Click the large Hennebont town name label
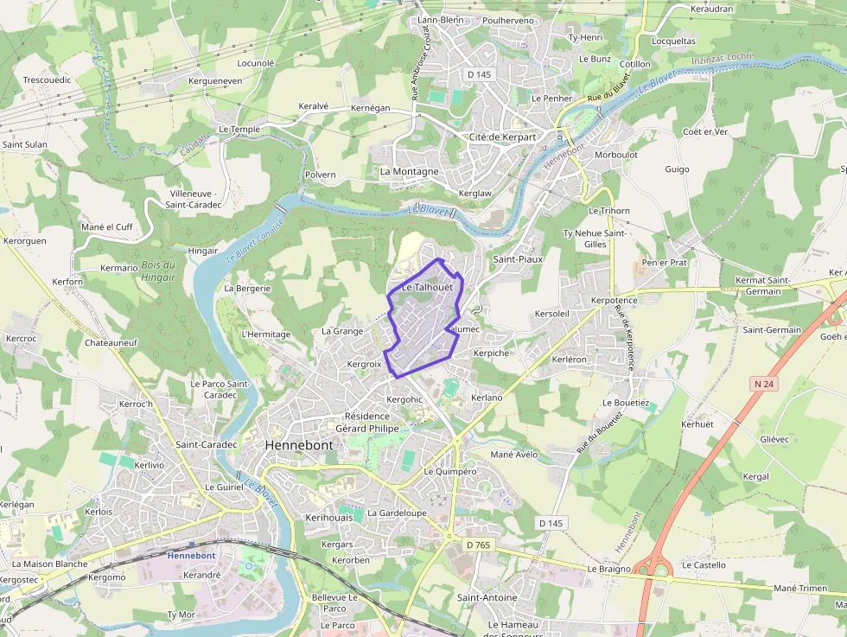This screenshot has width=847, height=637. click(x=298, y=444)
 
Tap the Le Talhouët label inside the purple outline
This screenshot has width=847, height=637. click(x=427, y=287)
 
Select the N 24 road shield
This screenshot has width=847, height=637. click(x=761, y=383)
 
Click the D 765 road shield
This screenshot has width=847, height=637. click(x=478, y=545)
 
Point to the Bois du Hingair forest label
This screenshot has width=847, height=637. click(x=158, y=271)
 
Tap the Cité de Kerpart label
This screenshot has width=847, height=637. click(x=503, y=137)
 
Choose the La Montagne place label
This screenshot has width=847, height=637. click(x=410, y=171)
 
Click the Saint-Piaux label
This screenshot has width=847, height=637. click(x=517, y=258)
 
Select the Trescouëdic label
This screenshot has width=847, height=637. click(x=47, y=80)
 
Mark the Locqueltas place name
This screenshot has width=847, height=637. click(x=673, y=41)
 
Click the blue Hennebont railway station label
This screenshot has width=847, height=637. click(x=191, y=556)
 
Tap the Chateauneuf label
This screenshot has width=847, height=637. click(x=111, y=343)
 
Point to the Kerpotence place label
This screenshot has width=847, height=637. click(x=614, y=300)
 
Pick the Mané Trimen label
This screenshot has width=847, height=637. click(x=800, y=588)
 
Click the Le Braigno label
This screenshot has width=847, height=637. click(x=609, y=569)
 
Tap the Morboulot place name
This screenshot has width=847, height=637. click(x=616, y=155)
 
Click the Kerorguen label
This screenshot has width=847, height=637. click(x=25, y=241)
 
